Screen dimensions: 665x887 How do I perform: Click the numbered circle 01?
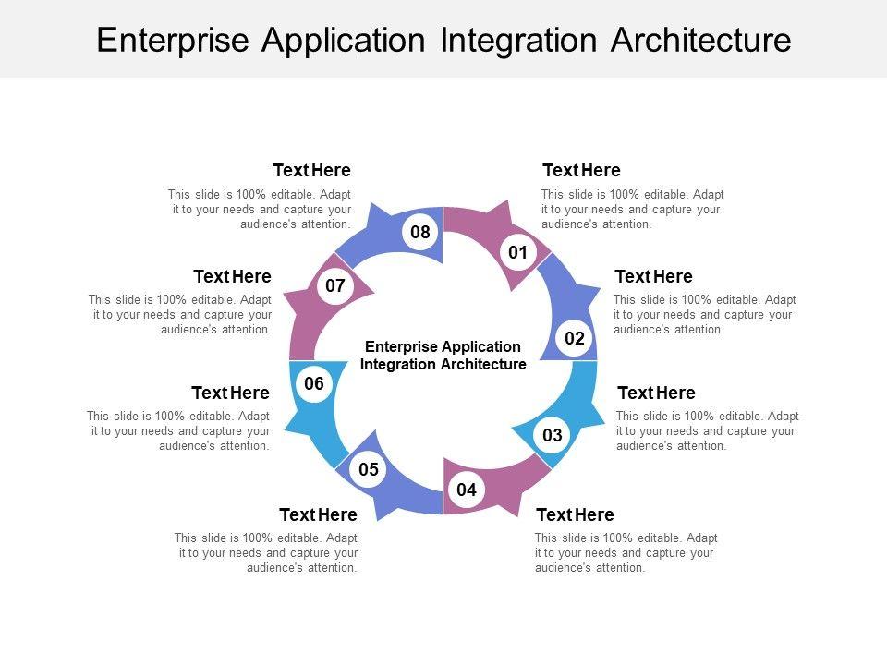(517, 252)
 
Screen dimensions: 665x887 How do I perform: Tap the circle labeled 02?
(575, 339)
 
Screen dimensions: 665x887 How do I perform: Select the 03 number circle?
(553, 435)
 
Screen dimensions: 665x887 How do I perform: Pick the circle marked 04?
(467, 490)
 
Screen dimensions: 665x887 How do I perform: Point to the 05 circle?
(369, 470)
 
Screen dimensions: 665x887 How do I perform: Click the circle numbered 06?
(314, 384)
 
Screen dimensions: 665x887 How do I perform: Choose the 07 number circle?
(335, 286)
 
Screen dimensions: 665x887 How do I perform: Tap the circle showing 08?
(420, 233)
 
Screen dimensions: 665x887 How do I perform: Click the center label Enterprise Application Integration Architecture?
(443, 356)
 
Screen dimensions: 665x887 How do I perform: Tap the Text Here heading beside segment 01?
(581, 171)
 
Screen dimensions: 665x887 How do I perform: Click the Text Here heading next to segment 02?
(653, 277)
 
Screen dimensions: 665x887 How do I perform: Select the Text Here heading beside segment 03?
(656, 393)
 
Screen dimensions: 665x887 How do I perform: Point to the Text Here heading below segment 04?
(575, 515)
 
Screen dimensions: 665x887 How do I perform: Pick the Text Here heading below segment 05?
(318, 515)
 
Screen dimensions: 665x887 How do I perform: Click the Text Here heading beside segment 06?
(230, 393)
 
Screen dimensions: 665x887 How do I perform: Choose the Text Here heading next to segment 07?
(232, 277)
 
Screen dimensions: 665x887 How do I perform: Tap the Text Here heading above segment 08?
(311, 171)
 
